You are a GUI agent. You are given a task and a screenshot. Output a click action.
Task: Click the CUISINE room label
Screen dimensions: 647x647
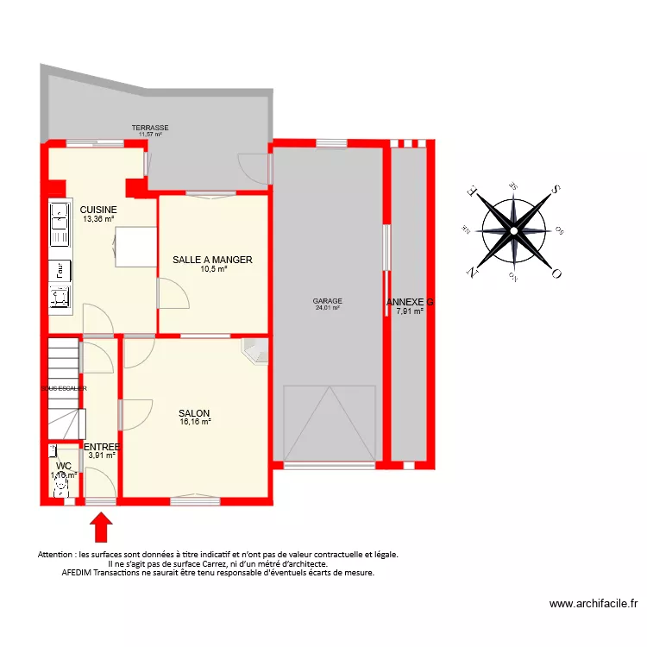coord(98,210)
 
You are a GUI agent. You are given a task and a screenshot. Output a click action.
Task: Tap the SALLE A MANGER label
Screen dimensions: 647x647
coord(212,260)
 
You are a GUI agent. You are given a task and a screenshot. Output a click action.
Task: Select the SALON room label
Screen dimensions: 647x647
coord(194,413)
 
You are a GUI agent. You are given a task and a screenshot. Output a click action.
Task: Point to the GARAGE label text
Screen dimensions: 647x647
coord(327,301)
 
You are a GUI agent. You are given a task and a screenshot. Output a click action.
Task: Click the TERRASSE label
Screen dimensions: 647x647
coord(150,128)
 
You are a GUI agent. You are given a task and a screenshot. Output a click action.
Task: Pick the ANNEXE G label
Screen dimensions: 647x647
coord(409,302)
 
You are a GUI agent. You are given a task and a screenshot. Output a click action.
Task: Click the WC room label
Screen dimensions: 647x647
coord(63,465)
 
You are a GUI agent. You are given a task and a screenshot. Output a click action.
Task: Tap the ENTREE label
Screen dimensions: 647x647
coord(101,447)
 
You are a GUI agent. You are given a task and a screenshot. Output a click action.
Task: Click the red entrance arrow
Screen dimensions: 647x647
coord(101,526)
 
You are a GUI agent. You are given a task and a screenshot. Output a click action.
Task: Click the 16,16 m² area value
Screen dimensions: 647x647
coord(194,423)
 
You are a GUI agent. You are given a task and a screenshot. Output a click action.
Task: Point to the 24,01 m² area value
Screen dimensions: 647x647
coord(327,308)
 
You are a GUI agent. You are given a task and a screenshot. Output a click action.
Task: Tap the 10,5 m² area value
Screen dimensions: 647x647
coord(212,269)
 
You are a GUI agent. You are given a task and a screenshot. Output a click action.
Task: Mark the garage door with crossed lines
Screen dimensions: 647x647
coord(329,424)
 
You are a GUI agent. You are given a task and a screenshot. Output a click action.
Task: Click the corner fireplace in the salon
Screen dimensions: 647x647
coord(256,353)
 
